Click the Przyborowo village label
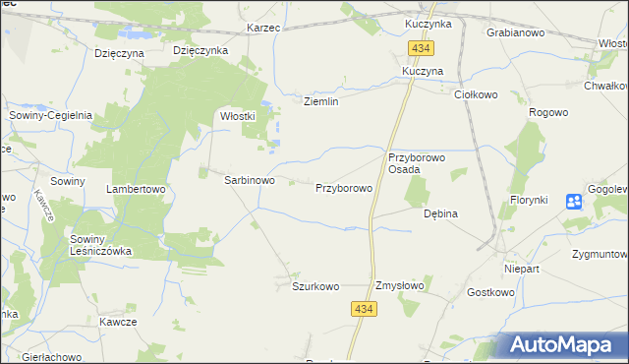(x=343, y=187)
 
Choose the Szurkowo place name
(x=314, y=286)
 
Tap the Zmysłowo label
(x=399, y=286)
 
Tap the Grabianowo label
(x=516, y=32)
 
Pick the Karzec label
(x=263, y=28)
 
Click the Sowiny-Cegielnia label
(x=50, y=115)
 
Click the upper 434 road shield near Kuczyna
(x=423, y=49)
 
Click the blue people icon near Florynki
(x=575, y=202)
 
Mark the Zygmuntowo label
(x=599, y=253)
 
